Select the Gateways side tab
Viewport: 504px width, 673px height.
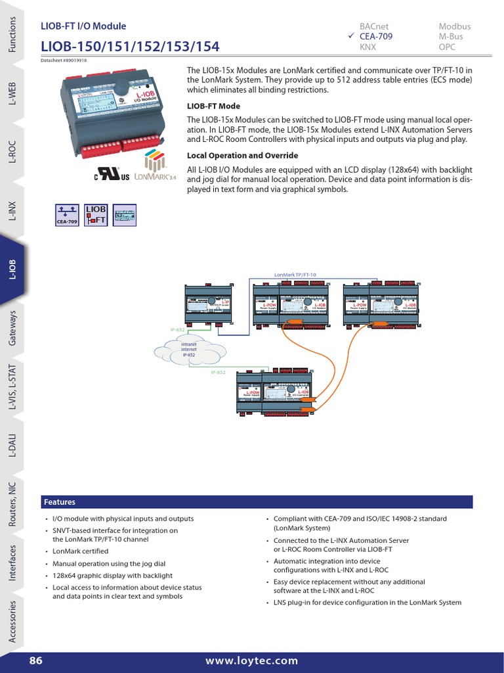[12, 329]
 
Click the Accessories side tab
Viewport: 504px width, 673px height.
[12, 620]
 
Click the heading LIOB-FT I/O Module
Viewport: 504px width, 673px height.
[83, 26]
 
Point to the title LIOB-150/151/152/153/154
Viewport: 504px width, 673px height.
[130, 47]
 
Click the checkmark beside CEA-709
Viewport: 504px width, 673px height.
[352, 37]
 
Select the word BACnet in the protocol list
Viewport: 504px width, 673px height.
[375, 26]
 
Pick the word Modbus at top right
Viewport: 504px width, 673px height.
[454, 26]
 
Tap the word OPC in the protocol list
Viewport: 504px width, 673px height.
[448, 47]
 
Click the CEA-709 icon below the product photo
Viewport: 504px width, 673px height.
[66, 215]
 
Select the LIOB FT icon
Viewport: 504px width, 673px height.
[96, 215]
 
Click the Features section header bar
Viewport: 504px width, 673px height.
[256, 501]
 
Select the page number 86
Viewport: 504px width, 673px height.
[35, 661]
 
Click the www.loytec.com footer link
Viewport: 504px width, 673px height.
[251, 661]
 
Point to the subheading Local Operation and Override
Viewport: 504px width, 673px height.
[243, 156]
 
